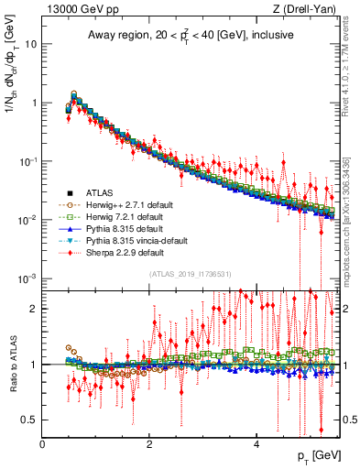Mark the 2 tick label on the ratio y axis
(35, 309)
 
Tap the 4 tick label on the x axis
(256, 444)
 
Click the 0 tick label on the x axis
(43, 444)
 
